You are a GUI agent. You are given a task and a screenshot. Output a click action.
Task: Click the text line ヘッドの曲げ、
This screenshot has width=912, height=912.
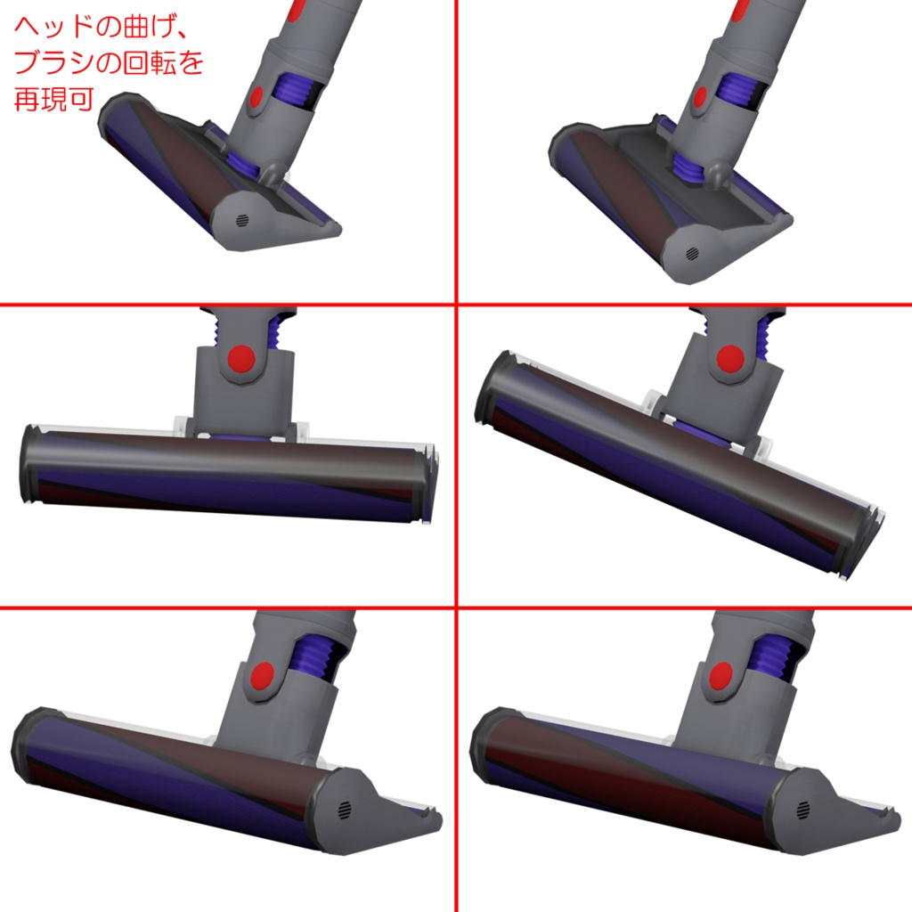point(99,29)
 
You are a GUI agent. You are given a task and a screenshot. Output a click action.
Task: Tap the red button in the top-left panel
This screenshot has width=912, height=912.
point(256,97)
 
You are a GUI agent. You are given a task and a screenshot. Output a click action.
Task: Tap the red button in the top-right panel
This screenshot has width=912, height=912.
point(700,95)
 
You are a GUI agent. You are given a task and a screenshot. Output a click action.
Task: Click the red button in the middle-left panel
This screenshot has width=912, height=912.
point(241,360)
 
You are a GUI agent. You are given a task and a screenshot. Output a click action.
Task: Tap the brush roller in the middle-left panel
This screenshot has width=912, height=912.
point(223,468)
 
